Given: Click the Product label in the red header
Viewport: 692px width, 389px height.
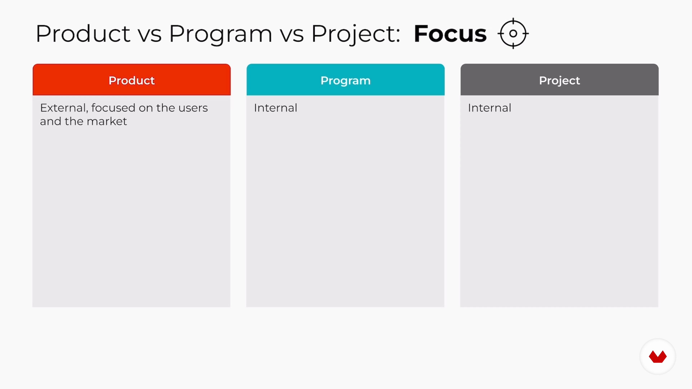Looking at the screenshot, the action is click(132, 80).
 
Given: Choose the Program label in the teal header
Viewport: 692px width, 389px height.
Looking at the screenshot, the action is click(345, 81).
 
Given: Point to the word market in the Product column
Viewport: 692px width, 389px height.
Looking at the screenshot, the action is click(107, 121).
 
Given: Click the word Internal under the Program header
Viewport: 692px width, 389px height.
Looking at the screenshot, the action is click(276, 108).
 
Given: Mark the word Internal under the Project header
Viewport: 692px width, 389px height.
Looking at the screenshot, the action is click(489, 108).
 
